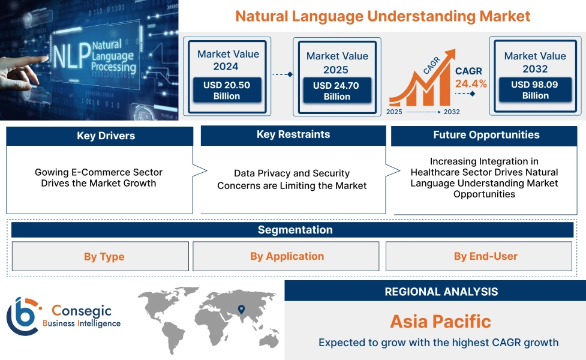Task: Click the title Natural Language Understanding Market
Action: (x=383, y=16)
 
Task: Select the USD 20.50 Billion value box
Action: (x=226, y=90)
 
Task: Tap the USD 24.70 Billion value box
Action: (x=336, y=91)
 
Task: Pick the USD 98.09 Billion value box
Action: (x=535, y=90)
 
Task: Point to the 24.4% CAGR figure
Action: (x=471, y=83)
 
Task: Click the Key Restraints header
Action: (x=293, y=134)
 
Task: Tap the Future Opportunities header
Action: (x=486, y=135)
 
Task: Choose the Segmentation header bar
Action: (x=294, y=230)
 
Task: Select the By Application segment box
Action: (x=287, y=256)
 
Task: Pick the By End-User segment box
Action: (x=485, y=256)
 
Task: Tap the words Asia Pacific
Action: (x=440, y=321)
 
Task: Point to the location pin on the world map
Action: (x=241, y=310)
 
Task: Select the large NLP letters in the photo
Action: (x=67, y=56)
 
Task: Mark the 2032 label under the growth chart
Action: (x=451, y=112)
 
